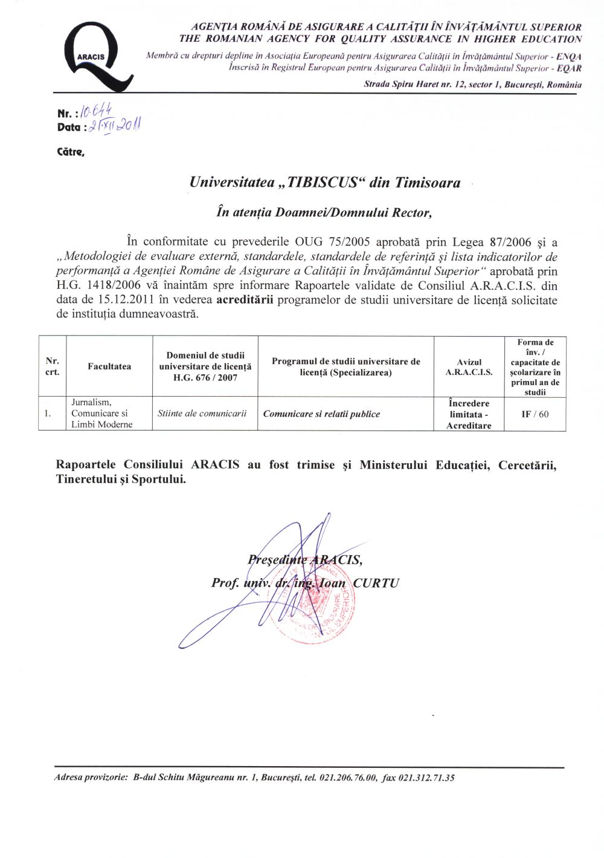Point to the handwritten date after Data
click(114, 125)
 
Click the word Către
click(70, 152)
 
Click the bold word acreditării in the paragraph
click(245, 300)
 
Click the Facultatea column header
click(109, 366)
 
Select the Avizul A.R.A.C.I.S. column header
click(469, 367)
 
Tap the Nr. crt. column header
click(53, 366)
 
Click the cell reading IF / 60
click(535, 414)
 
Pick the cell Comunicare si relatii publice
click(322, 414)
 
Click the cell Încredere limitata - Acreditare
click(469, 414)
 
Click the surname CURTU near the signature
click(376, 583)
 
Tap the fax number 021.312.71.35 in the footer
click(426, 778)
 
